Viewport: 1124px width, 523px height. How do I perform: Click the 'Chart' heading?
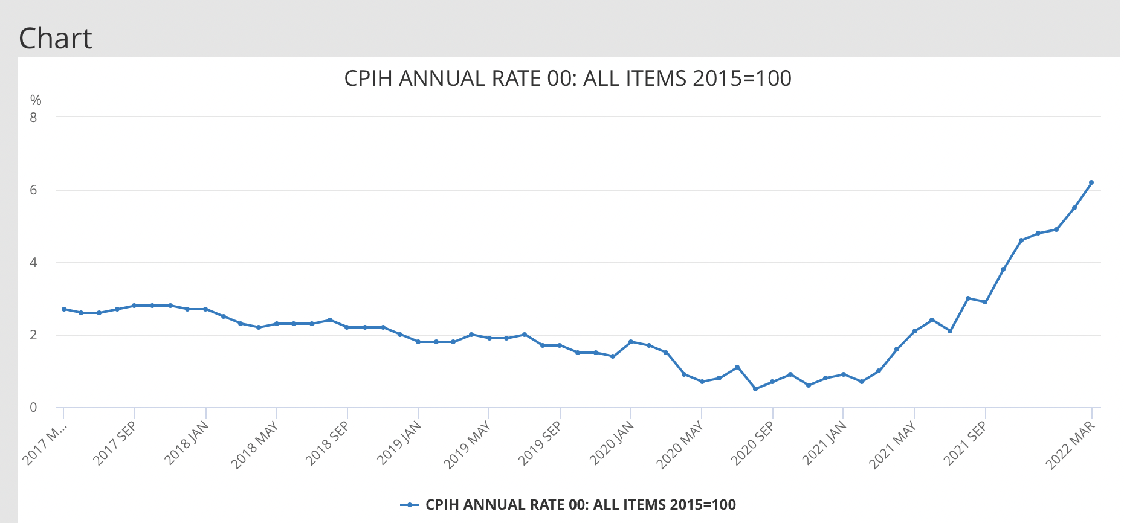pos(55,39)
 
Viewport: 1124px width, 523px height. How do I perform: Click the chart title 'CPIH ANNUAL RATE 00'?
pos(567,79)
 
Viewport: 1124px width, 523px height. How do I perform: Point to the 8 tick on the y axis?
pos(33,117)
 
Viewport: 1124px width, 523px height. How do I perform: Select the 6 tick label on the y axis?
pos(33,190)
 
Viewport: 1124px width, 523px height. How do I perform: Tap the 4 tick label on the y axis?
pos(33,263)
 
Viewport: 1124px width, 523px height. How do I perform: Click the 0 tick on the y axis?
pos(33,408)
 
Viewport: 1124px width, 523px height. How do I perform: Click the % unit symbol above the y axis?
pos(36,100)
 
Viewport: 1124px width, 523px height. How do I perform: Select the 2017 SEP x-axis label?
pos(115,443)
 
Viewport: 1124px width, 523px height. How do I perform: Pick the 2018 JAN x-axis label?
pos(187,443)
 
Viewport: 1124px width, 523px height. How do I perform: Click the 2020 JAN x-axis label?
pos(612,443)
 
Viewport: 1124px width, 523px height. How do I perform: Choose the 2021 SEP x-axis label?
pos(965,443)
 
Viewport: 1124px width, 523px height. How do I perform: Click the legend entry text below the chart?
pos(580,505)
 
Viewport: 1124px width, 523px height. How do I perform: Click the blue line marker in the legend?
pos(410,505)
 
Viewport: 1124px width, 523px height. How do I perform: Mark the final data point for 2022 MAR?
pos(1091,182)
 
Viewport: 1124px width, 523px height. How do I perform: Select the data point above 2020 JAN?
pos(631,342)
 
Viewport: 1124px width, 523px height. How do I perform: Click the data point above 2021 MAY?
pos(915,331)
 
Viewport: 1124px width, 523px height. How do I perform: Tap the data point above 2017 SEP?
pos(134,306)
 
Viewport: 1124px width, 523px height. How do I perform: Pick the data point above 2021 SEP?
pos(986,302)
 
